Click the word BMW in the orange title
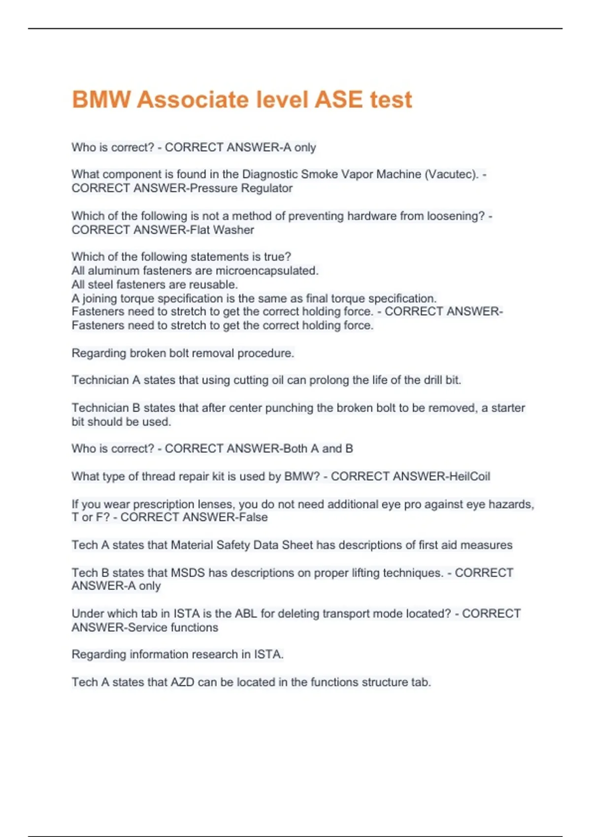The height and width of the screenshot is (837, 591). coord(101,99)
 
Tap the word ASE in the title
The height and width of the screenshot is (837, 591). coord(338,99)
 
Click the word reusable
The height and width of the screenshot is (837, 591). coord(217,285)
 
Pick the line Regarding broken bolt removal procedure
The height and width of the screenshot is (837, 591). coord(183,353)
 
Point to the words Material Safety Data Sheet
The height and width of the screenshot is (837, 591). coord(241,545)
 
